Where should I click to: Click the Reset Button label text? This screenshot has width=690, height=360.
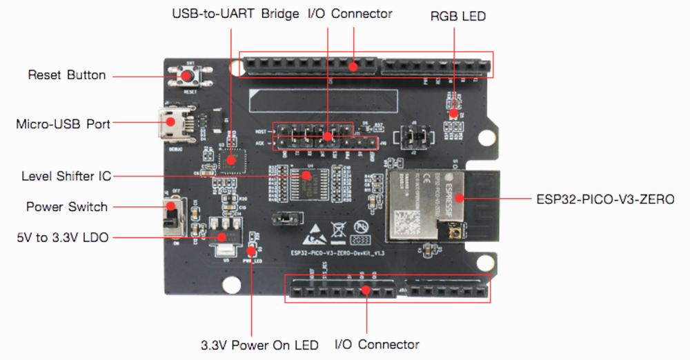click(67, 75)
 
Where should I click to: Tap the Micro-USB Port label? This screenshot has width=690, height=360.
click(63, 124)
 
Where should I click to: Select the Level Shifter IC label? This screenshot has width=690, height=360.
click(66, 176)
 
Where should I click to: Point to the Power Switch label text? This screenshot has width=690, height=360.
click(67, 207)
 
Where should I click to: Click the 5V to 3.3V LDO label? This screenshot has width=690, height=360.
click(62, 237)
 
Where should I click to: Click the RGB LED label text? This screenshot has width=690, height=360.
click(457, 16)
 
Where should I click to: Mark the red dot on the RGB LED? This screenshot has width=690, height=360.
click(454, 113)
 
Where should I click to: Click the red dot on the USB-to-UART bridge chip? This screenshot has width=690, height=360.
click(231, 161)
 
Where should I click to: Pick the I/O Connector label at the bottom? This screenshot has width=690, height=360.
click(376, 344)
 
